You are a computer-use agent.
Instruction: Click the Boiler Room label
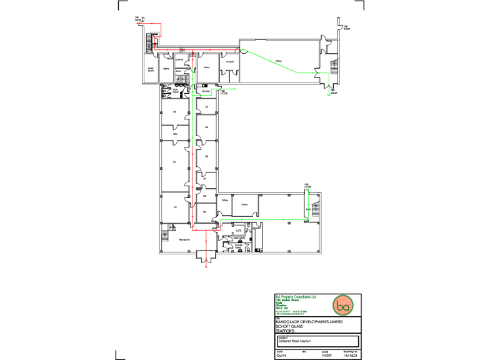tap(151, 70)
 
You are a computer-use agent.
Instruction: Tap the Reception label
tap(184, 239)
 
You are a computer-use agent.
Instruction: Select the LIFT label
tap(238, 230)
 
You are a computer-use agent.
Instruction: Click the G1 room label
tap(176, 207)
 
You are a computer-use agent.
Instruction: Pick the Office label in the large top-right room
tap(278, 61)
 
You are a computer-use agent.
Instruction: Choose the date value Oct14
tap(281, 356)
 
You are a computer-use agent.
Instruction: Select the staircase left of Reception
tap(166, 239)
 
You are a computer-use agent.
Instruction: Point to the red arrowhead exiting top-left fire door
tap(145, 23)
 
